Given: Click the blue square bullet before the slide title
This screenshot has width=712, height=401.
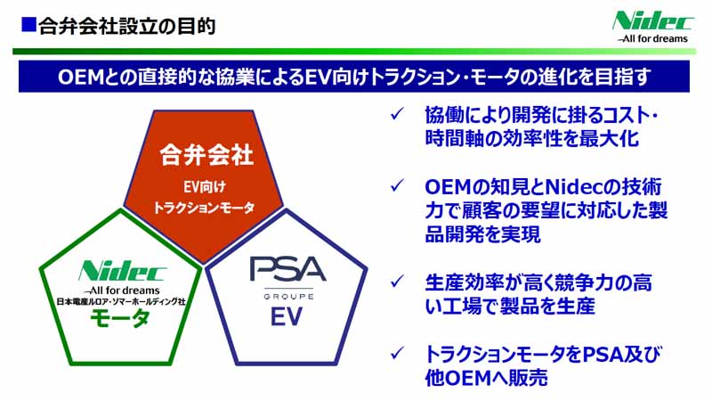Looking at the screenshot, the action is click(28, 25).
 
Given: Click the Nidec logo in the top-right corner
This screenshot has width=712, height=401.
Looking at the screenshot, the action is click(652, 21).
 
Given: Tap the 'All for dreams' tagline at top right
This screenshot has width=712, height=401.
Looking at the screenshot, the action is click(652, 38).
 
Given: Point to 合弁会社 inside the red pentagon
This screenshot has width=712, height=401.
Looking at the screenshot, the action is click(206, 154).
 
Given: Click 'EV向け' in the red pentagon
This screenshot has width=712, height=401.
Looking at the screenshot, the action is click(205, 187).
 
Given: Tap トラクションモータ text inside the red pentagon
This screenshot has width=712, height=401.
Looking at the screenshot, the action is click(204, 208).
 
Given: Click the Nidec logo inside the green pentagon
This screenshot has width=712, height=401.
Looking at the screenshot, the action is click(122, 271).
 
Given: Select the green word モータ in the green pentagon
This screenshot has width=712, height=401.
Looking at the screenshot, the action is click(120, 317).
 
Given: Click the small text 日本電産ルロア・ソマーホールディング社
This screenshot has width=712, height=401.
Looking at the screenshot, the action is click(121, 301).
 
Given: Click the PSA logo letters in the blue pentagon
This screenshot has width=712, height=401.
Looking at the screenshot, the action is click(287, 269).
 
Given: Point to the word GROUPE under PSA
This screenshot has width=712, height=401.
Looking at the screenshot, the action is click(288, 297).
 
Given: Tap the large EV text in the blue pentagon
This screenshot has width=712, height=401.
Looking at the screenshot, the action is click(287, 316).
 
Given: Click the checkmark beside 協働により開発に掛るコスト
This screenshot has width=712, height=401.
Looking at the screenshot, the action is click(397, 114).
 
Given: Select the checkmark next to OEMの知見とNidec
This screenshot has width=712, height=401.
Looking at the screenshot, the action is click(397, 185).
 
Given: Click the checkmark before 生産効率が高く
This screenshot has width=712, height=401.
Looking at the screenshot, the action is click(397, 281).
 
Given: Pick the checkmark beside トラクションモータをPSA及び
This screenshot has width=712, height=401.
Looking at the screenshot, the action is click(397, 352).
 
